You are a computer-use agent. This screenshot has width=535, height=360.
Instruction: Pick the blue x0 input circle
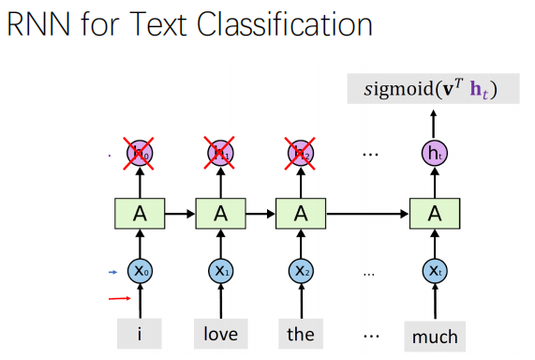tap(141, 272)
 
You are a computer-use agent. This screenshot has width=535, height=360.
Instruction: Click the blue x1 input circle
tap(220, 272)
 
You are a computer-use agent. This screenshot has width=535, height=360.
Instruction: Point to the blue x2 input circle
tap(300, 272)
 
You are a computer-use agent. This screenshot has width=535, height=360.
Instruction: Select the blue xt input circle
tap(434, 272)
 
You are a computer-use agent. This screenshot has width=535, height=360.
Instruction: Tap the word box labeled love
tap(220, 333)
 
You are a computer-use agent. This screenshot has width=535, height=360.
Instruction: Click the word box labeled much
tap(434, 334)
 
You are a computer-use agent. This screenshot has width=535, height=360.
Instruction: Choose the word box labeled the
tap(300, 333)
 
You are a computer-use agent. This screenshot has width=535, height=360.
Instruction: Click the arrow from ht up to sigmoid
tap(434, 122)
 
